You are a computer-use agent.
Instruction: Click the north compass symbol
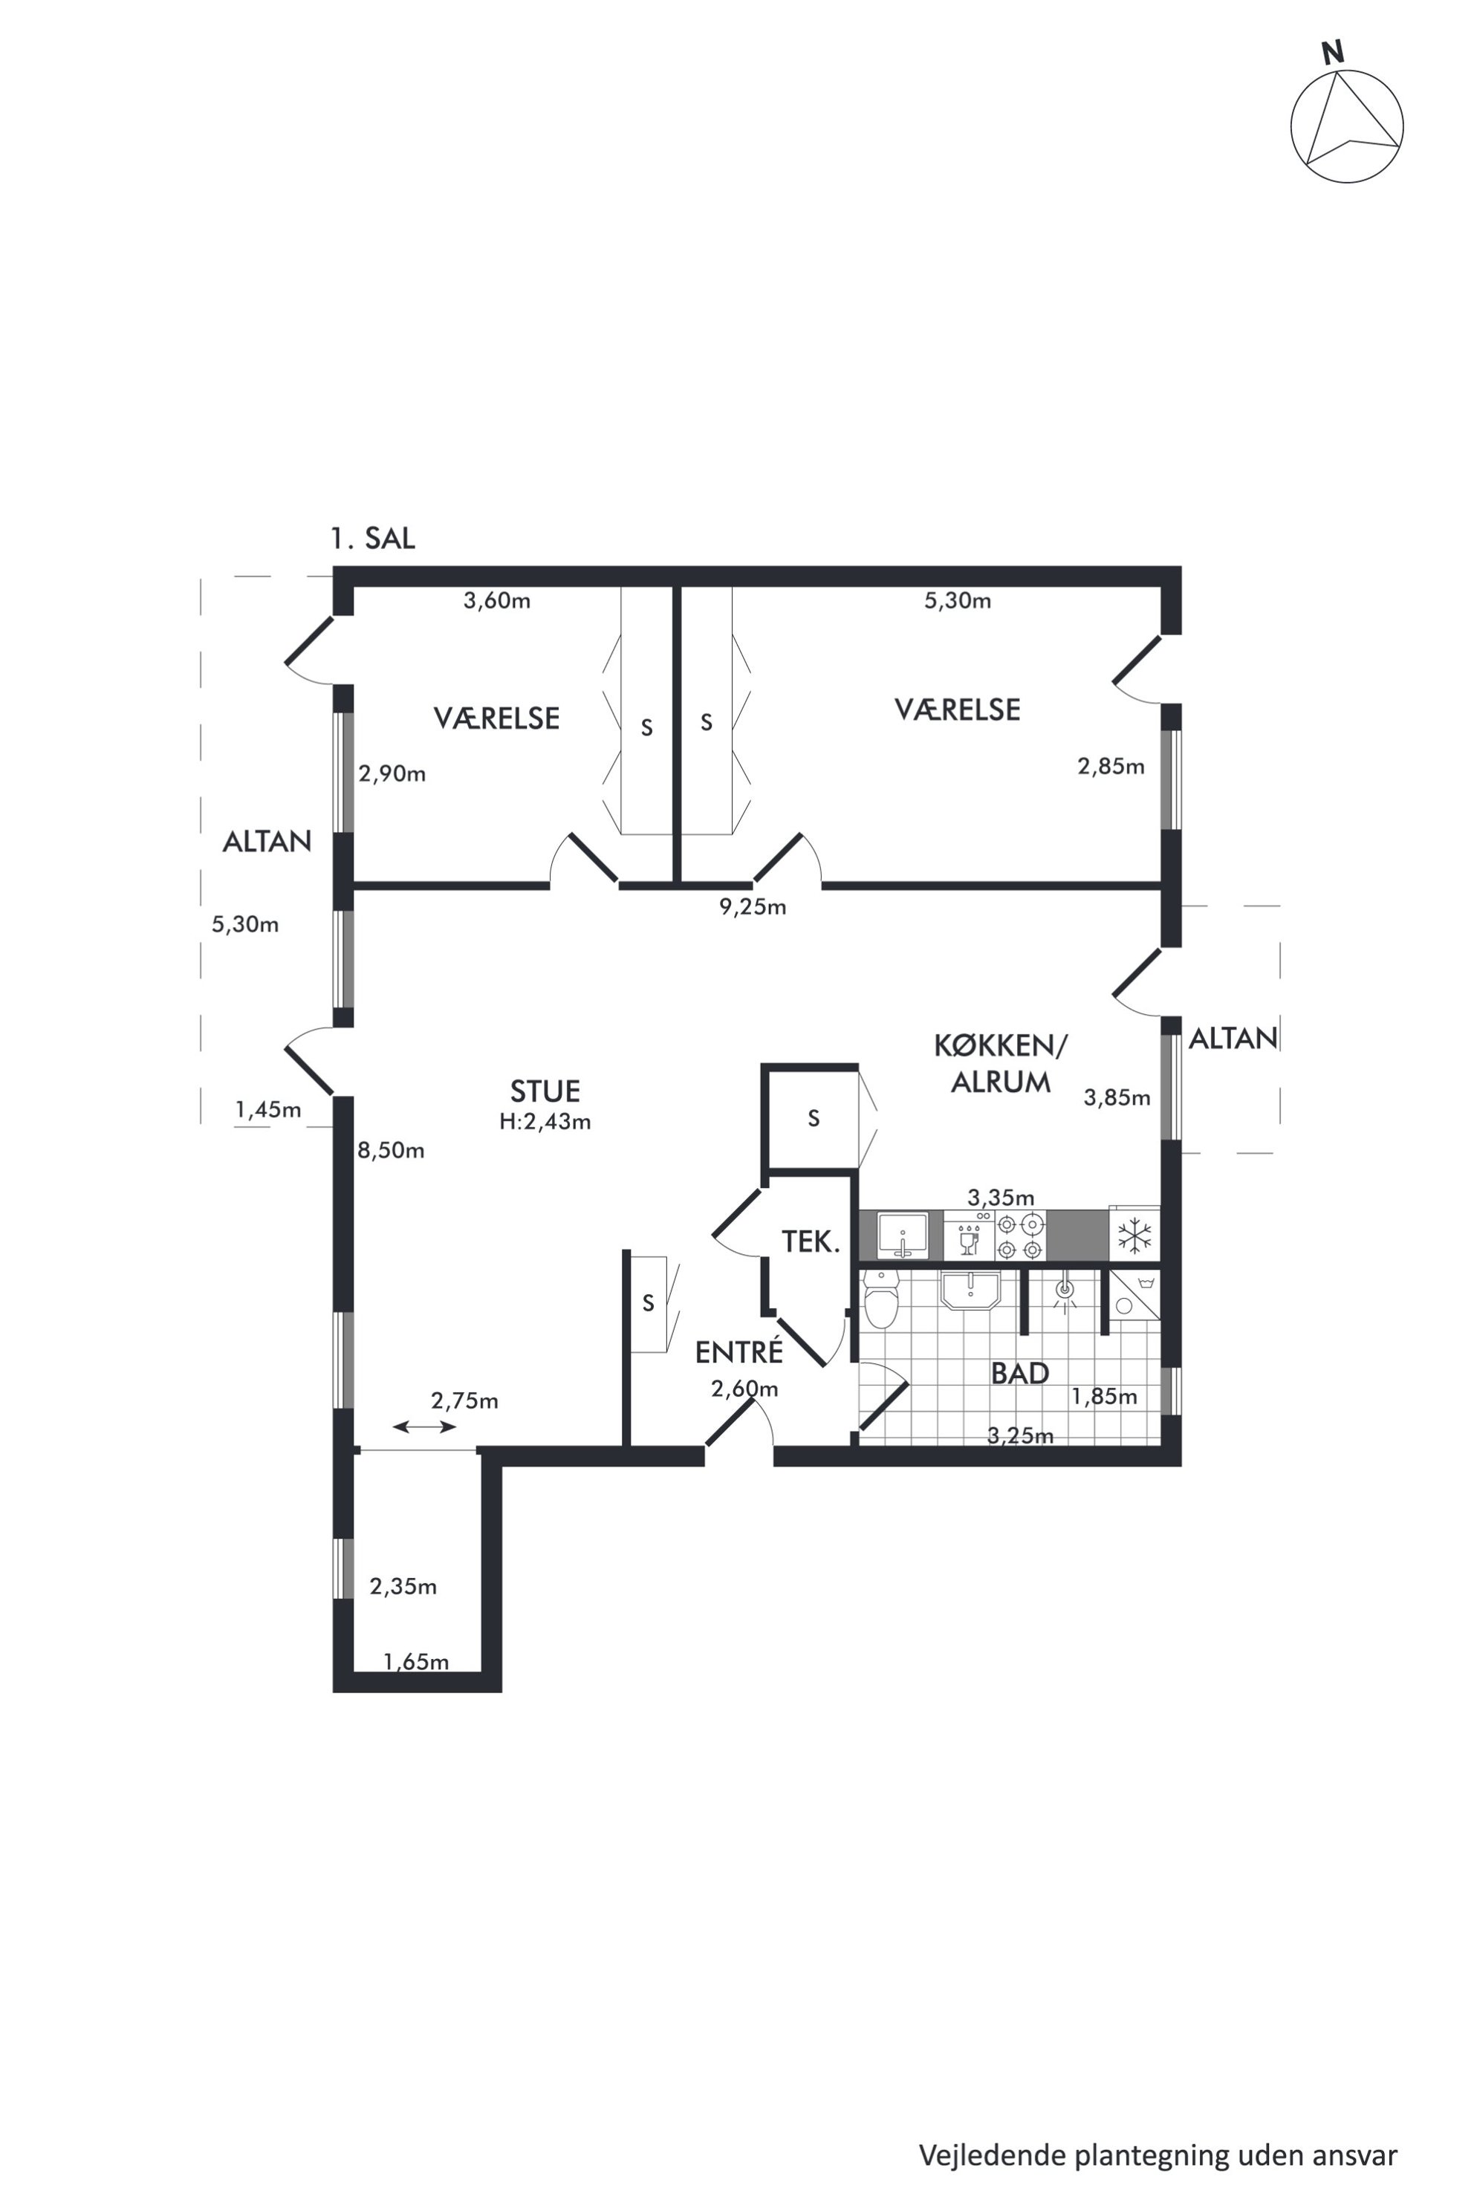point(1346,122)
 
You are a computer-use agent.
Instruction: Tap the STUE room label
point(545,1091)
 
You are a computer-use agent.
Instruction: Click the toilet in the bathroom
point(881,1298)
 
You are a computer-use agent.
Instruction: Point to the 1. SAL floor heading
point(372,539)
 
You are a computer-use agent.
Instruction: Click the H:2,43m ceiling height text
point(545,1122)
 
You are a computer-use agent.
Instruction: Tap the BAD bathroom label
point(1020,1374)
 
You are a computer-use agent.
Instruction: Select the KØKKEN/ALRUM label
point(1000,1063)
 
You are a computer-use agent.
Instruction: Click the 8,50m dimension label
point(391,1149)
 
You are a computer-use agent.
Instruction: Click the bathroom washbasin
point(970,1290)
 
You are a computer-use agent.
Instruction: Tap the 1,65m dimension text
point(415,1662)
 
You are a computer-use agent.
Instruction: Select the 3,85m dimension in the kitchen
point(1117,1097)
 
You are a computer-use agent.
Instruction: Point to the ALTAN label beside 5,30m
point(267,841)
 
